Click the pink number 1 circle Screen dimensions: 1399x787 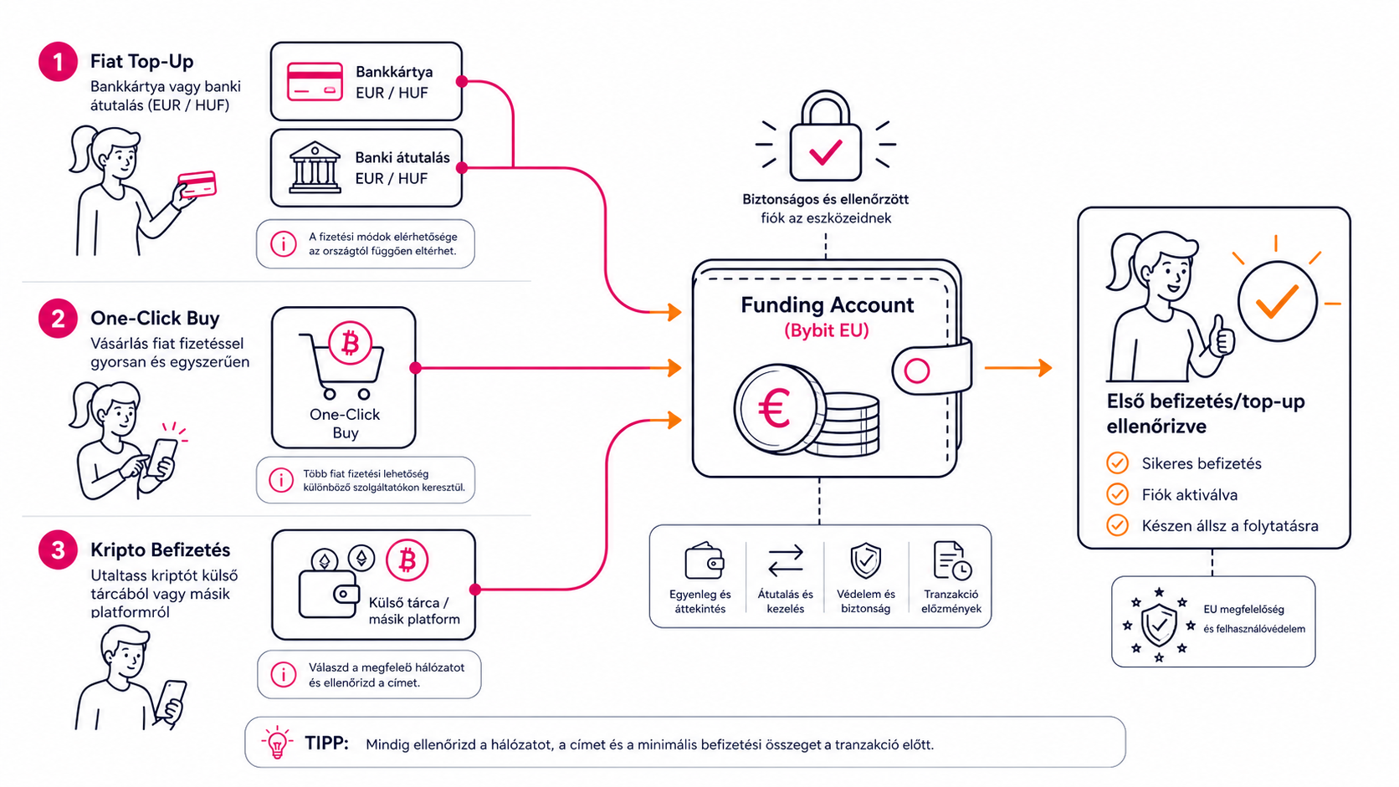[x=58, y=62]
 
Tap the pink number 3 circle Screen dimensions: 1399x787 [x=58, y=549]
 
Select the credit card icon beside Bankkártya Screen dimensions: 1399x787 [x=315, y=81]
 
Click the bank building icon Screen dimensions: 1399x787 [x=315, y=166]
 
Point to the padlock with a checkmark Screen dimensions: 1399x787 [x=825, y=136]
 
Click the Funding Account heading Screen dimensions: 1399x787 [x=827, y=305]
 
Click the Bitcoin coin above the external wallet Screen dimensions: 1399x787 [x=407, y=560]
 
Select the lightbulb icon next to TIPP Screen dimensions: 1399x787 [x=277, y=742]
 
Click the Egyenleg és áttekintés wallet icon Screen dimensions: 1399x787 [x=704, y=560]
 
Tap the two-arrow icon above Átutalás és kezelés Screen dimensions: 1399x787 [x=786, y=560]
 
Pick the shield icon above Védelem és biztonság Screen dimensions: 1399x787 [x=866, y=560]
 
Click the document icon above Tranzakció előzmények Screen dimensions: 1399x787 [x=952, y=560]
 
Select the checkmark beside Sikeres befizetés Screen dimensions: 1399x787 [x=1117, y=463]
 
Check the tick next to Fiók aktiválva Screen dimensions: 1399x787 [x=1117, y=494]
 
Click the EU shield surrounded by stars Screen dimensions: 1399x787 [x=1159, y=625]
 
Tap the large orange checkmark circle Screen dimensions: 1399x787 [x=1277, y=301]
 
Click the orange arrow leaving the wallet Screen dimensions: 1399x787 [x=1018, y=368]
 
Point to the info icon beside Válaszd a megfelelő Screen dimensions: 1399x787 [x=283, y=675]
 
